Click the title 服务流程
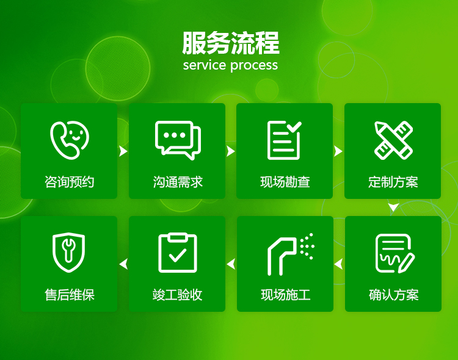tap(231, 43)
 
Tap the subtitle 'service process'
tap(230, 65)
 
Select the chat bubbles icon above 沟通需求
tap(178, 140)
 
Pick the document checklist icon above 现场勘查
tap(284, 140)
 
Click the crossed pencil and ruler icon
tap(393, 140)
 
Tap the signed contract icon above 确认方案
tap(394, 253)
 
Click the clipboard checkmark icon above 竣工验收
tap(178, 253)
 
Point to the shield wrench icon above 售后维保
tap(69, 253)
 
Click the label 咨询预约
tap(69, 182)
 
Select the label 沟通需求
tap(178, 182)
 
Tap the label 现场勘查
tap(285, 182)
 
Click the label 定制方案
tap(393, 182)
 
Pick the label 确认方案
tap(394, 295)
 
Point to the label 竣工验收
tap(177, 295)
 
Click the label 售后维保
tap(70, 295)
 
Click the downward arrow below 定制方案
tap(393, 207)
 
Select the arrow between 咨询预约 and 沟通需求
tap(123, 151)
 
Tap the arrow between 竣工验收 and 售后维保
tap(123, 264)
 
